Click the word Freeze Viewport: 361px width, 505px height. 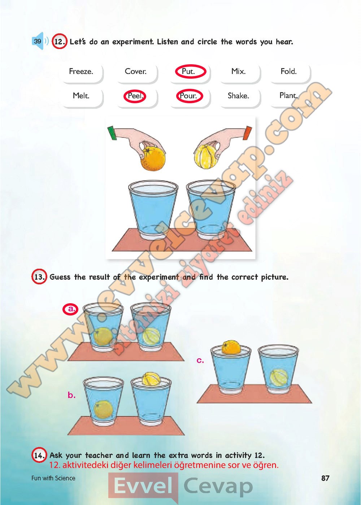point(81,71)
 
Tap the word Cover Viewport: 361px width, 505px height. point(135,71)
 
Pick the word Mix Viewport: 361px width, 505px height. point(238,71)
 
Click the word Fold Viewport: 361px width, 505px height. point(289,71)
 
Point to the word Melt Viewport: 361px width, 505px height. point(81,96)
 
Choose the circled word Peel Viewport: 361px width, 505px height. point(135,96)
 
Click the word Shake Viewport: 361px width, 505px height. point(238,96)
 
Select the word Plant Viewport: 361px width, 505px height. point(289,95)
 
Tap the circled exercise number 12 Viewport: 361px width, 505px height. point(60,42)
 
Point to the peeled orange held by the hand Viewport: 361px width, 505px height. point(205,156)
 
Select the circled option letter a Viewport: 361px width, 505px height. point(70,309)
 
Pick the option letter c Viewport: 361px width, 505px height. point(200,361)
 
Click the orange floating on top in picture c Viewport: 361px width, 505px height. point(231,347)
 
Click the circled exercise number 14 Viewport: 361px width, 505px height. point(39,456)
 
